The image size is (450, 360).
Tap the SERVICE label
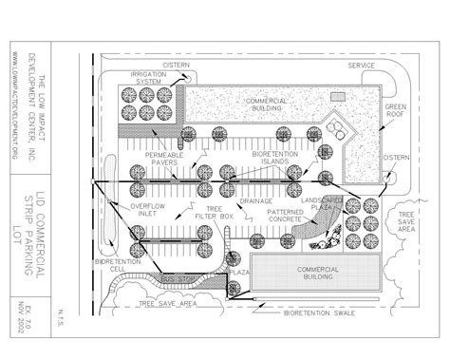click(x=361, y=66)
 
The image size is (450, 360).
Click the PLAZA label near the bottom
click(x=241, y=271)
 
